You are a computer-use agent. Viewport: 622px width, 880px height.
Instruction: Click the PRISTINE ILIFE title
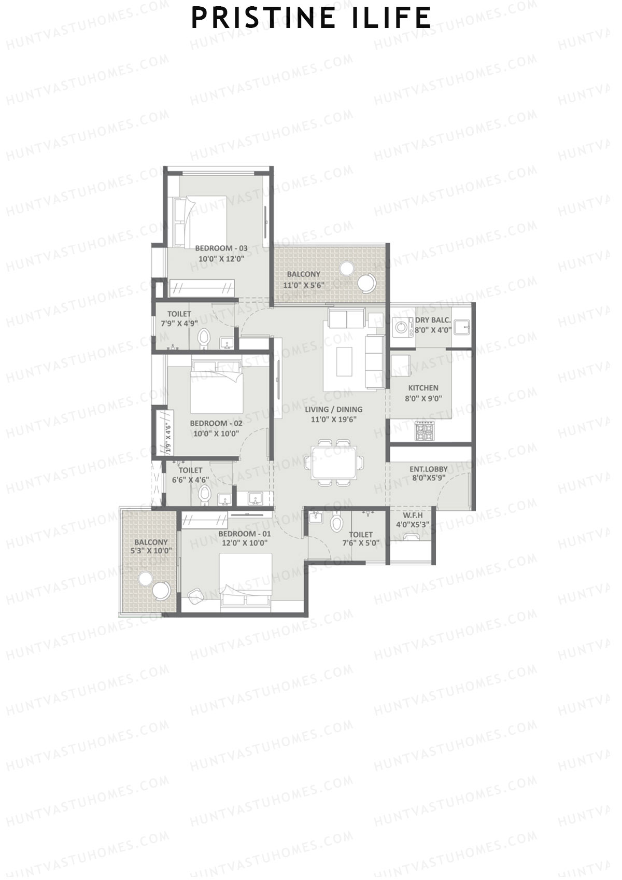[311, 18]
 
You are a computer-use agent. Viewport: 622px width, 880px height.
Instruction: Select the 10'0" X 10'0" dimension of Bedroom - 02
[216, 434]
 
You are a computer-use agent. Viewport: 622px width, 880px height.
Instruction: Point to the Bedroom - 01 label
[245, 534]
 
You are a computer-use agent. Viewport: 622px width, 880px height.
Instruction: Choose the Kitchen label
[423, 388]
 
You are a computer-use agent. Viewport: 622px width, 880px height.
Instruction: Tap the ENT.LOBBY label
[429, 469]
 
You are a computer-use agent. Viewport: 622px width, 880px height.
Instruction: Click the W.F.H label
[413, 515]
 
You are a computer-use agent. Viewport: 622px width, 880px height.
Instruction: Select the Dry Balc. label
[433, 320]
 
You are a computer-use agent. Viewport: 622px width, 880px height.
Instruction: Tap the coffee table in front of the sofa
[344, 361]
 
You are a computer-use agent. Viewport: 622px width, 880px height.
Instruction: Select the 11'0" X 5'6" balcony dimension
[304, 285]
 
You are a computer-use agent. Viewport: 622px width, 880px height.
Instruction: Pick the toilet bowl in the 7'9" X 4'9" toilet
[204, 338]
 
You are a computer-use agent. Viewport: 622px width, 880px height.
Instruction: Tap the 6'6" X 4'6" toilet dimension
[190, 480]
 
